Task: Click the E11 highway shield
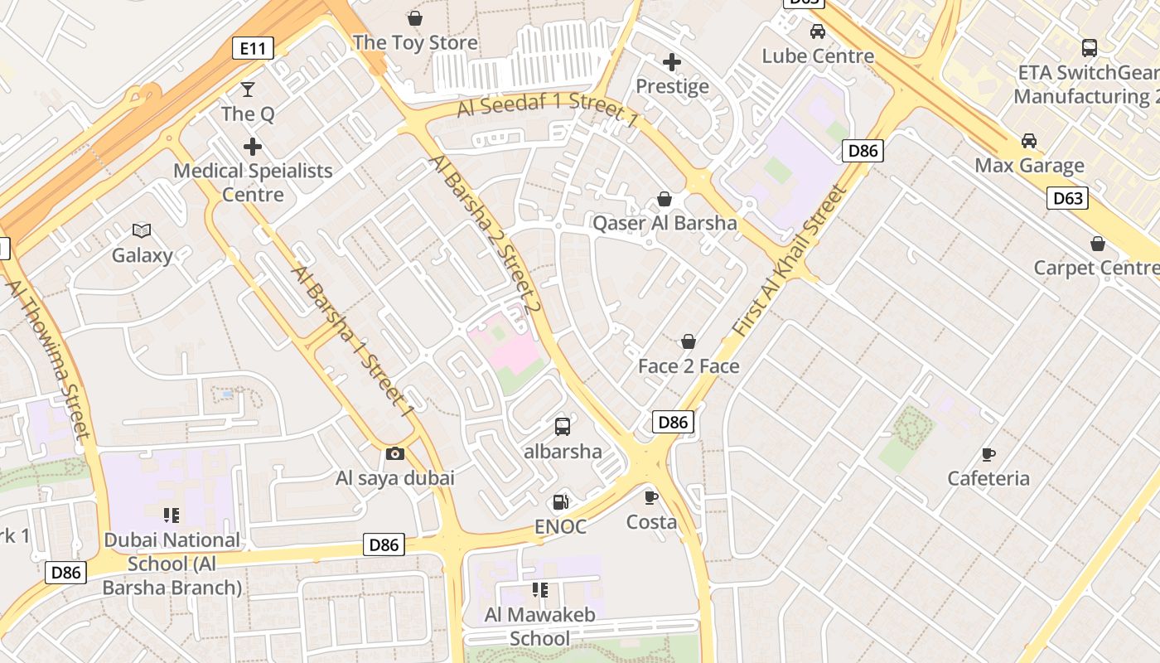(253, 49)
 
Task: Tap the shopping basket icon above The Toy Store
(415, 17)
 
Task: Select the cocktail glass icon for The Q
(247, 90)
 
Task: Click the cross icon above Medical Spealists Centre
(253, 147)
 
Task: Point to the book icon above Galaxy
(142, 231)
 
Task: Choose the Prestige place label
(672, 86)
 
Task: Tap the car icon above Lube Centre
(818, 31)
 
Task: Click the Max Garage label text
(1029, 165)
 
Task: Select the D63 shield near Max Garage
(1067, 198)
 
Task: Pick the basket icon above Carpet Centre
(1098, 244)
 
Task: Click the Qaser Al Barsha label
(665, 223)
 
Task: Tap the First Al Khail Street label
(790, 259)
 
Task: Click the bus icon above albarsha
(563, 427)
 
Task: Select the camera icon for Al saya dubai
(395, 453)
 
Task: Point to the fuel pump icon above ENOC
(561, 501)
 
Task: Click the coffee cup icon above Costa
(651, 497)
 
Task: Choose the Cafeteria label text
(988, 478)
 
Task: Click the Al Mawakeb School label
(539, 627)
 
